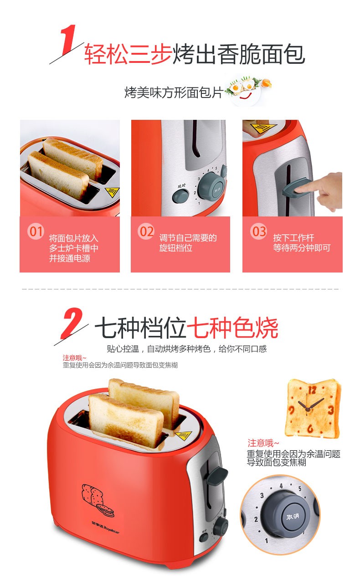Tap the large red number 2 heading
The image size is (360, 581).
click(x=72, y=324)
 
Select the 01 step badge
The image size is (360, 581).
click(x=36, y=231)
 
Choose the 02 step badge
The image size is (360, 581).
click(x=146, y=231)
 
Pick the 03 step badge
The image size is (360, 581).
click(x=258, y=231)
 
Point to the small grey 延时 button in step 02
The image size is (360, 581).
click(x=180, y=195)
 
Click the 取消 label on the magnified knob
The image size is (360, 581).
click(x=293, y=517)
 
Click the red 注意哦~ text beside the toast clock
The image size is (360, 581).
click(x=263, y=443)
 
